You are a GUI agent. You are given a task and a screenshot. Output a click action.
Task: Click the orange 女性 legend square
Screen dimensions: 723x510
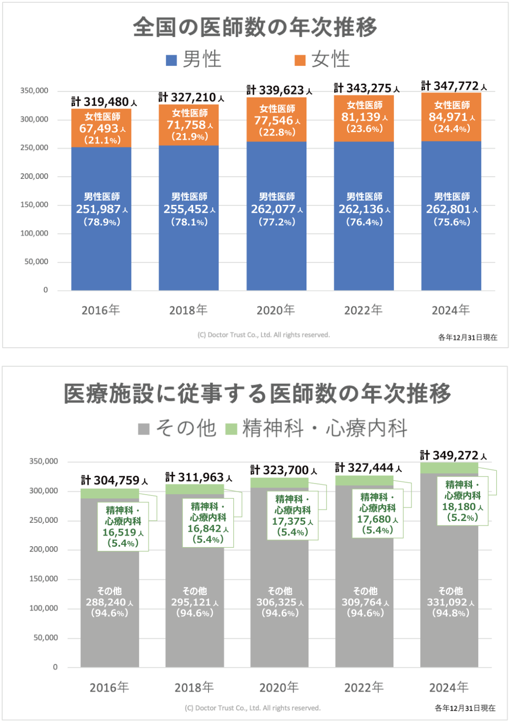(x=300, y=60)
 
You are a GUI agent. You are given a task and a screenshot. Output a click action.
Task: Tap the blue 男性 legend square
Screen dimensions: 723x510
(x=171, y=60)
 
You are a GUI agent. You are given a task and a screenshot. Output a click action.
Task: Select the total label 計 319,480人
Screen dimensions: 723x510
(x=104, y=102)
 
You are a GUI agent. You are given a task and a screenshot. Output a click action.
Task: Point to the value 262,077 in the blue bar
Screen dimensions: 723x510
(x=273, y=209)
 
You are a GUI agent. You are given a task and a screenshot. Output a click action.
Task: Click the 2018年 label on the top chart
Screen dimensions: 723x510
(x=188, y=310)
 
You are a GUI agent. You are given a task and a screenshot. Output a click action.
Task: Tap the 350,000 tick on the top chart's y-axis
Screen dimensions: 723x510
(x=34, y=90)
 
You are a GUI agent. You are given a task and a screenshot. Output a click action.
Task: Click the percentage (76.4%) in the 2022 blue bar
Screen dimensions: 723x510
(x=364, y=222)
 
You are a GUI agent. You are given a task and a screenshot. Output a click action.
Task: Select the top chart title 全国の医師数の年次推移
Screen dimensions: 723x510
(x=255, y=27)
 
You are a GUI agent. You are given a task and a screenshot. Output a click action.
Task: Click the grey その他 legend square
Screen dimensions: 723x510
(x=144, y=429)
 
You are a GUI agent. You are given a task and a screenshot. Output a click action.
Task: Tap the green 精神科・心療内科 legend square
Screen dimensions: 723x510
(x=231, y=429)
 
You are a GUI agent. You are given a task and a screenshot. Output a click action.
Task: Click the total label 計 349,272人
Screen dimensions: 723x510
(x=453, y=455)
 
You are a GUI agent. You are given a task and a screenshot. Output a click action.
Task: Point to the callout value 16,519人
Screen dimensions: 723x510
(x=120, y=532)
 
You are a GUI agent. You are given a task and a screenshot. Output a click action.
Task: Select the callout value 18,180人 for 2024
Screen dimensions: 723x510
(x=459, y=507)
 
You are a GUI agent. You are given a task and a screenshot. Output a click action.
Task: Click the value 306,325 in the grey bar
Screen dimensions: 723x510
(x=277, y=602)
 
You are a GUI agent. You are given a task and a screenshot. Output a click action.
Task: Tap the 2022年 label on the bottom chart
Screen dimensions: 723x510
(x=364, y=687)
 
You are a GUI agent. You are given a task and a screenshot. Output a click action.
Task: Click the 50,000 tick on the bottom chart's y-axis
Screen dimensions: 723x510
(x=46, y=638)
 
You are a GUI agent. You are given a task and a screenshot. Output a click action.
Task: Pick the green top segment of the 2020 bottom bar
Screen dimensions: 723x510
(x=279, y=483)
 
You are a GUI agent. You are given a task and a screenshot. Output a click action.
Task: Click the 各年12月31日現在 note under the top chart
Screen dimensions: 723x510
(x=467, y=338)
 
